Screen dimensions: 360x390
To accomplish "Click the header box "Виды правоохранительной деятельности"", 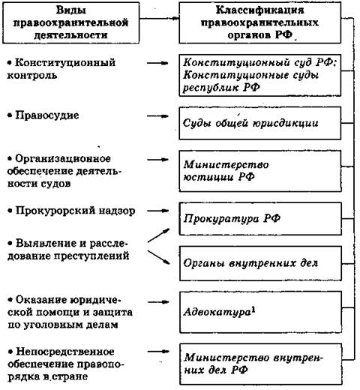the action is pyautogui.click(x=70, y=22).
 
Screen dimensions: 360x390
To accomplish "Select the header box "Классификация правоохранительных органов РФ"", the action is pyautogui.click(x=260, y=22).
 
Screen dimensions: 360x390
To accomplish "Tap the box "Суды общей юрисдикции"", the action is pyautogui.click(x=260, y=123).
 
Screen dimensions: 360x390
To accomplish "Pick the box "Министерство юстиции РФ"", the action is pyautogui.click(x=260, y=171).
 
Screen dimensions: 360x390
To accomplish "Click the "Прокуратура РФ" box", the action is pyautogui.click(x=260, y=219).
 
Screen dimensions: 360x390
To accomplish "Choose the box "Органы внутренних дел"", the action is pyautogui.click(x=260, y=263).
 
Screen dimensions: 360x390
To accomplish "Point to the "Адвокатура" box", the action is pyautogui.click(x=261, y=312).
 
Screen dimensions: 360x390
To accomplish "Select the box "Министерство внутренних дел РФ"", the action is pyautogui.click(x=261, y=364).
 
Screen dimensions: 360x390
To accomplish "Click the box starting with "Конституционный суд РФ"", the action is pyautogui.click(x=260, y=75).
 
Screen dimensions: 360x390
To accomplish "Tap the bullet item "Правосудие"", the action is pyautogui.click(x=43, y=115).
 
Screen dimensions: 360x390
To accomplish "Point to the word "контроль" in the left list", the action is pyautogui.click(x=32, y=75).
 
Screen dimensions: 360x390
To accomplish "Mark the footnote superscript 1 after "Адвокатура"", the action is pyautogui.click(x=253, y=310).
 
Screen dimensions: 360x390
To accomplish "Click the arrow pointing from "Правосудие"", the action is pyautogui.click(x=157, y=116).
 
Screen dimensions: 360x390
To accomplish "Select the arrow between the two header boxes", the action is pyautogui.click(x=159, y=18).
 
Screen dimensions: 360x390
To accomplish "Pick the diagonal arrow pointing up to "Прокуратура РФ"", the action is pyautogui.click(x=158, y=235).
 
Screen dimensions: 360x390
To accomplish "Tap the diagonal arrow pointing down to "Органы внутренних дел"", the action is pyautogui.click(x=158, y=257).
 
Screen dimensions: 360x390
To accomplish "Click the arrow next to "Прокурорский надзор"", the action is pyautogui.click(x=157, y=211).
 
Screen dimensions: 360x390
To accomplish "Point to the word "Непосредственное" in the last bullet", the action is pyautogui.click(x=65, y=352).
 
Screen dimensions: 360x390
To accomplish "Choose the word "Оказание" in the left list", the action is pyautogui.click(x=41, y=300).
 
